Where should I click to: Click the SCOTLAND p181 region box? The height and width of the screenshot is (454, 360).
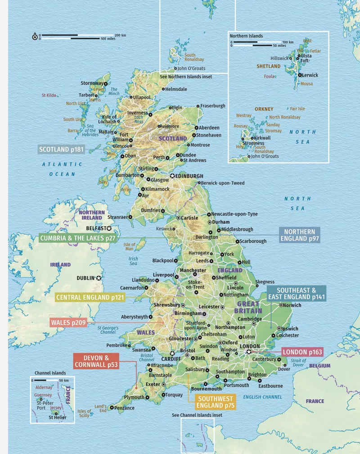61,150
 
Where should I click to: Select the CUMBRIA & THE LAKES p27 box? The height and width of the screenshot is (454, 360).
77,237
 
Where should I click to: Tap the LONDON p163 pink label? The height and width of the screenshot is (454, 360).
302,352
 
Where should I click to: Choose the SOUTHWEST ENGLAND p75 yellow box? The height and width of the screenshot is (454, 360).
216,402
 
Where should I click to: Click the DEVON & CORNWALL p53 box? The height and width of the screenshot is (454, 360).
96,361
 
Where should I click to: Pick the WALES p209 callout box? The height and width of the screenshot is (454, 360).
67,322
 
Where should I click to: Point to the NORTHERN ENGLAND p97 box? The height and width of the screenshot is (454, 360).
300,235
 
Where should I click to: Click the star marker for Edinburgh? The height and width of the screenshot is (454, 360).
172,176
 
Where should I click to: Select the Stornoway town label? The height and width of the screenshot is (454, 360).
91,83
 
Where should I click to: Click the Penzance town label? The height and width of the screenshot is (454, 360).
124,408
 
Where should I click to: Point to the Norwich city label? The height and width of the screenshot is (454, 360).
292,305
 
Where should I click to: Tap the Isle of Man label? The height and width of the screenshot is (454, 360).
129,246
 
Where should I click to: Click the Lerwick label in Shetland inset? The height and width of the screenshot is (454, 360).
310,75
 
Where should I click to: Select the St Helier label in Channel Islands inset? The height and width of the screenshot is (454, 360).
57,418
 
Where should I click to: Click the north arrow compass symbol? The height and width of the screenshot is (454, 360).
35,37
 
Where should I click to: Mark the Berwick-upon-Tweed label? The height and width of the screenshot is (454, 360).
222,183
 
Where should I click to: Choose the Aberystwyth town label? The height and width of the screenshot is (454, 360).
134,317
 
